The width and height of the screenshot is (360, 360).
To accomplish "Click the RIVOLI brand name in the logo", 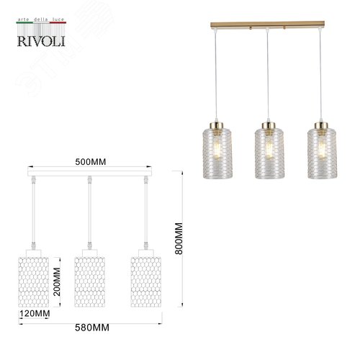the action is (41, 41).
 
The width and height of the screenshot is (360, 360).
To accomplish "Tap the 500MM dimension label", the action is (91, 162).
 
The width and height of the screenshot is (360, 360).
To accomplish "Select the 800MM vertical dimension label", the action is (179, 238).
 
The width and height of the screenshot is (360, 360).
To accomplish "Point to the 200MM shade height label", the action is (57, 282).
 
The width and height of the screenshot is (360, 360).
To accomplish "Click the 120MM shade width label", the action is (35, 313).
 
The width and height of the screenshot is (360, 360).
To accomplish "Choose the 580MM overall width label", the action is (92, 328).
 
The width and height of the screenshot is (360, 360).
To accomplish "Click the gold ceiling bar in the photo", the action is (267, 24).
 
